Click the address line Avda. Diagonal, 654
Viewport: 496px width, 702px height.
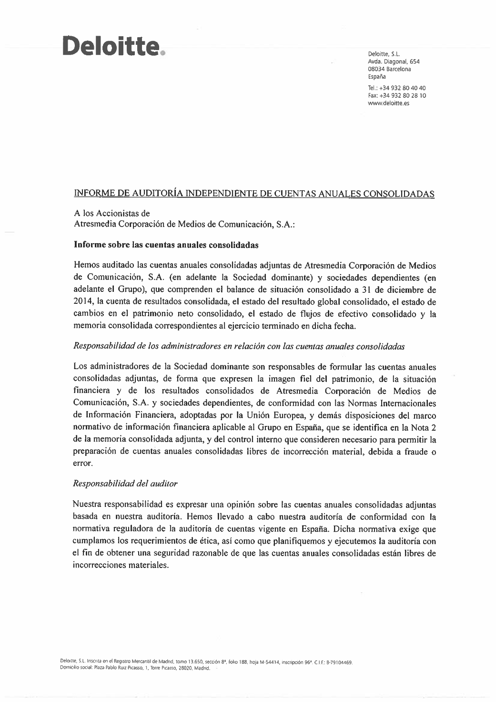tap(394, 62)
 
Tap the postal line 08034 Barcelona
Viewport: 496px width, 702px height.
tap(389, 69)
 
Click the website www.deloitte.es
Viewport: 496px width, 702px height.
tap(389, 103)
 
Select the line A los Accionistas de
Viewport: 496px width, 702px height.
tap(112, 214)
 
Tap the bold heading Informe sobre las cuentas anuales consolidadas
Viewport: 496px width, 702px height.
tap(166, 245)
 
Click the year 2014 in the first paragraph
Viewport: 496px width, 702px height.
tap(83, 302)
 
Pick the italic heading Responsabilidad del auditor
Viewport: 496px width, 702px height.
tap(125, 484)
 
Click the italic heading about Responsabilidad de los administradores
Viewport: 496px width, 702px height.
tap(239, 347)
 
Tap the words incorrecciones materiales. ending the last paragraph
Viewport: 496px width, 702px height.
tap(121, 566)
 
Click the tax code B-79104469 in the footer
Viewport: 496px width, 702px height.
tap(339, 662)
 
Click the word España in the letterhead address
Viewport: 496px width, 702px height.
tap(377, 77)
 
